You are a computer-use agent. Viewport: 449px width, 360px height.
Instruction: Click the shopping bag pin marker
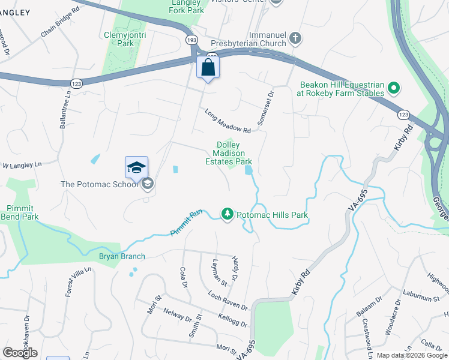[x=208, y=68]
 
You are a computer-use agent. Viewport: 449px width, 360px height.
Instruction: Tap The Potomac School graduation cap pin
[x=136, y=169]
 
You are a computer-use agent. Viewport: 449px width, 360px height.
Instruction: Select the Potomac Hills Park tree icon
[x=227, y=214]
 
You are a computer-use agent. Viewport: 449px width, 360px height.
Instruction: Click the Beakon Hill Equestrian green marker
[x=394, y=89]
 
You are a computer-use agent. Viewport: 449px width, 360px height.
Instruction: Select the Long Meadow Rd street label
[x=227, y=121]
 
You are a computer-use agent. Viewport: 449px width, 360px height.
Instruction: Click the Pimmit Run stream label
[x=187, y=221]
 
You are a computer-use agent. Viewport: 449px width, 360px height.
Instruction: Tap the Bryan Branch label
[x=122, y=256]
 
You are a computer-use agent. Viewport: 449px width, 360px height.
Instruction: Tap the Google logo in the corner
[x=20, y=353]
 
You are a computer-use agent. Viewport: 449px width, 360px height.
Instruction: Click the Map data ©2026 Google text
[x=411, y=355]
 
